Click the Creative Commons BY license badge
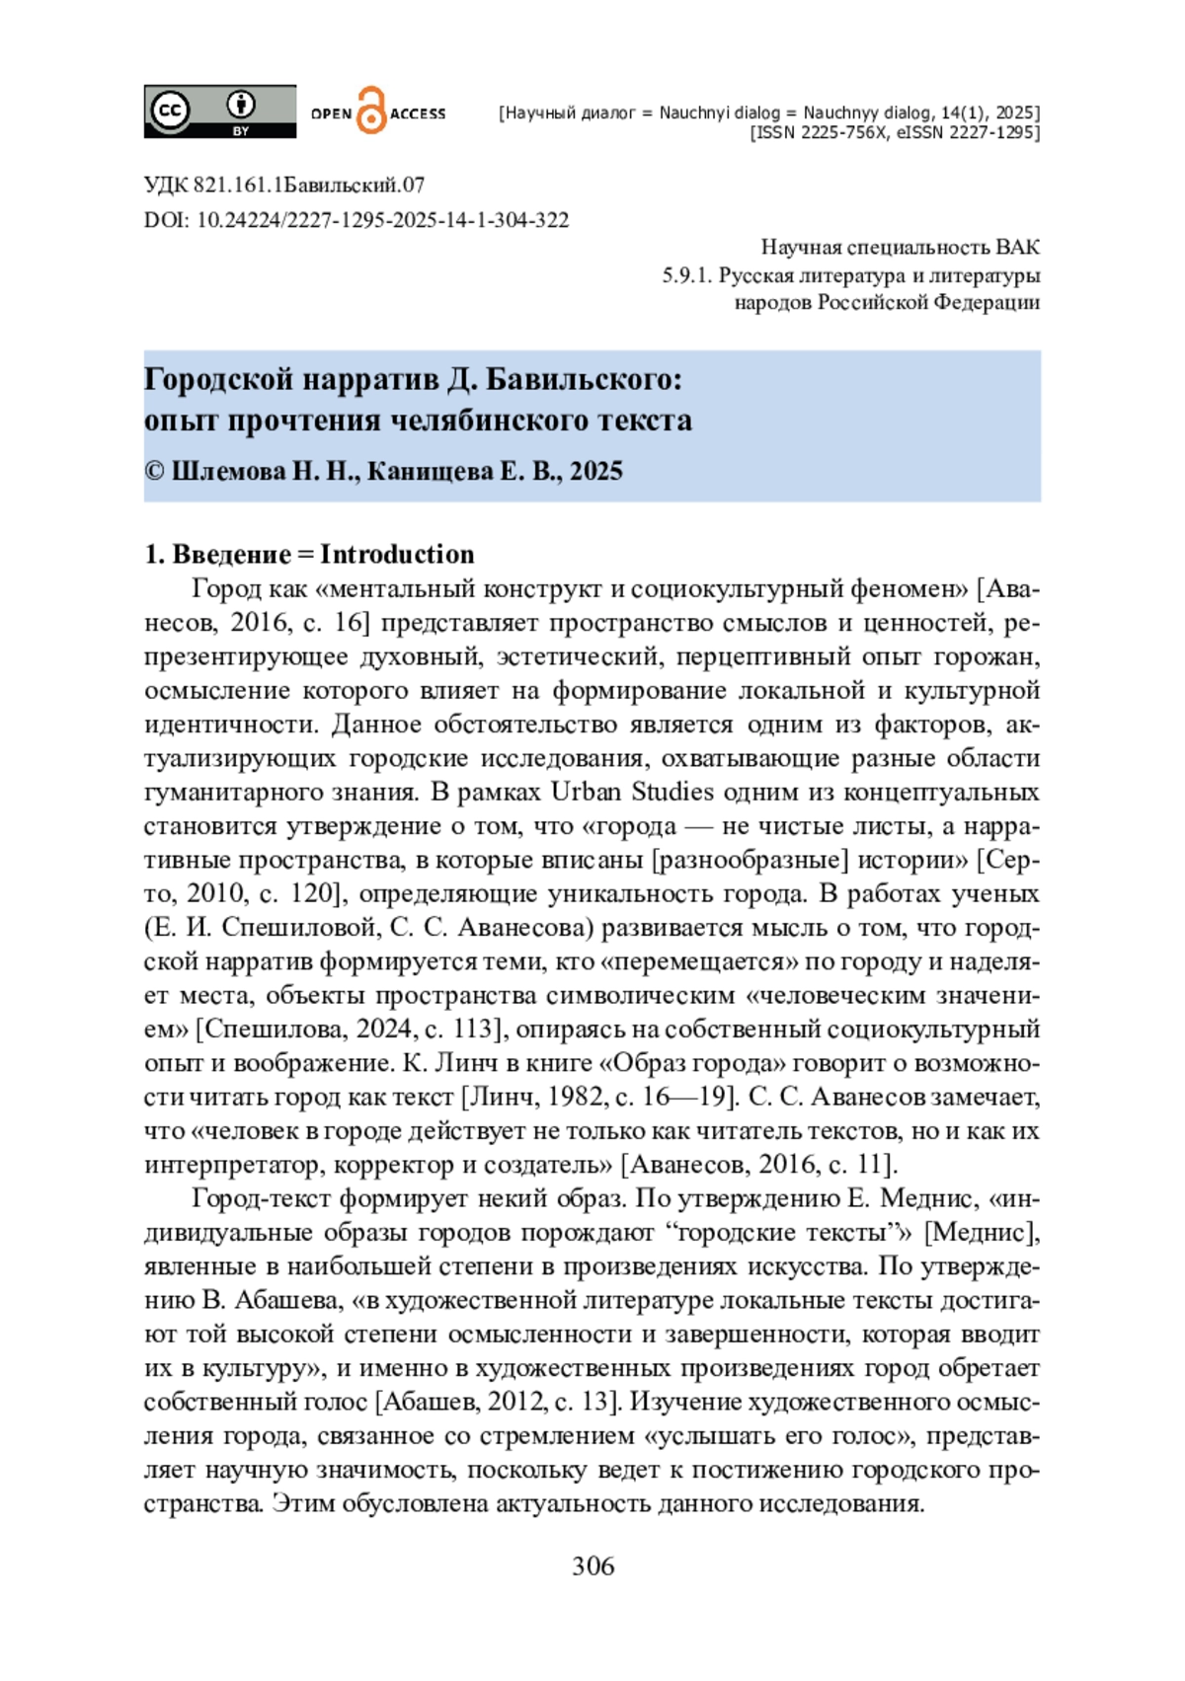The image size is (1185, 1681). click(x=219, y=111)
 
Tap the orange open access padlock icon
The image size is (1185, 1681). click(x=371, y=111)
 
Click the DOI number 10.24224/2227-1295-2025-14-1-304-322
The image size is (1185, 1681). click(x=382, y=220)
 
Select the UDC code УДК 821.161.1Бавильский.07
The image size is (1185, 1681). click(x=284, y=185)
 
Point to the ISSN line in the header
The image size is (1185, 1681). click(x=894, y=133)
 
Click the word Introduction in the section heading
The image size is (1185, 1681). click(x=397, y=554)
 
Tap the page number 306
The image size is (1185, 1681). click(x=592, y=1566)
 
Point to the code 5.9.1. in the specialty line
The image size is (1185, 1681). click(x=686, y=275)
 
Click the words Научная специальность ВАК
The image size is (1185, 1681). click(x=900, y=248)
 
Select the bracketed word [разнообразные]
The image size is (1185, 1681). click(x=750, y=860)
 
